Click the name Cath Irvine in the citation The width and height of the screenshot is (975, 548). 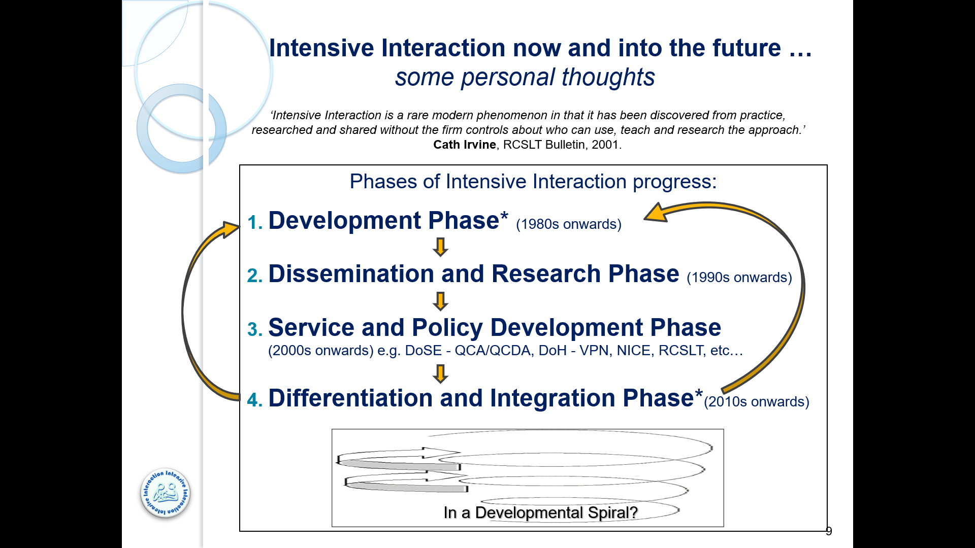[x=464, y=145]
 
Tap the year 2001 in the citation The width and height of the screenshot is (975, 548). [x=605, y=145]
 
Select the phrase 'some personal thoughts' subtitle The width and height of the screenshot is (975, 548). [x=525, y=78]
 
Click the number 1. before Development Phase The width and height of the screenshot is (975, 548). [x=255, y=222]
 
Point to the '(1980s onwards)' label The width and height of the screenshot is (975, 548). [x=568, y=224]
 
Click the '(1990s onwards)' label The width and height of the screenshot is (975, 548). [x=739, y=278]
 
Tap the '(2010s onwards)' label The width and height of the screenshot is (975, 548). [x=756, y=402]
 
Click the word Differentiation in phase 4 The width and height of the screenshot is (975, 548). [x=350, y=398]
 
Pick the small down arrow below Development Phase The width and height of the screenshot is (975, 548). [x=440, y=247]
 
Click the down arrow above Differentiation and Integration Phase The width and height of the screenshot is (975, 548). [x=440, y=373]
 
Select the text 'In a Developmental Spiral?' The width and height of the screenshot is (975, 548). [x=540, y=512]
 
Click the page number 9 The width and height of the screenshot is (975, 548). [x=829, y=531]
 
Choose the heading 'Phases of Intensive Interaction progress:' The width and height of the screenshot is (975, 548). [x=533, y=182]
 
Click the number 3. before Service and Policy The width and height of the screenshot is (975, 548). [x=255, y=329]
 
